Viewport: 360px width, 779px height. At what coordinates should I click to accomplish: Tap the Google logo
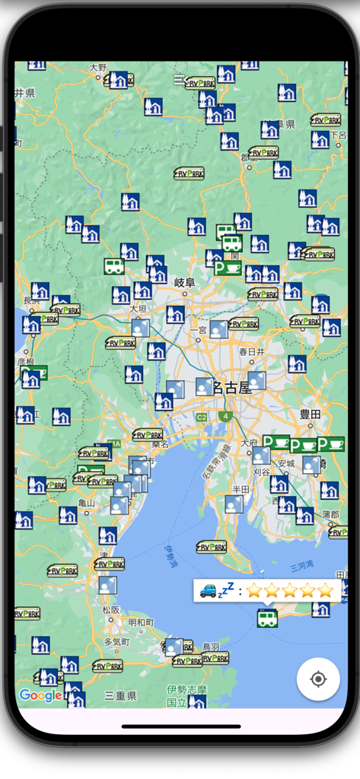[x=40, y=695]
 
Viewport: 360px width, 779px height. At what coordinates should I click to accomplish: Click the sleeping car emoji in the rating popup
[x=216, y=590]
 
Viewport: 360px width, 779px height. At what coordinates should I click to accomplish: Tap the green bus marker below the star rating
[x=267, y=618]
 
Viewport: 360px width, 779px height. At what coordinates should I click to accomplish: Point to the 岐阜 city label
[x=185, y=283]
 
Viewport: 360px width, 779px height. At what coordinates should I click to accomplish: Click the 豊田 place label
[x=311, y=415]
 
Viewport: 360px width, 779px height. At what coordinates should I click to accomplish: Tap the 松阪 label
[x=111, y=609]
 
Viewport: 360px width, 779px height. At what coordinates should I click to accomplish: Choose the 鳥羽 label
[x=211, y=647]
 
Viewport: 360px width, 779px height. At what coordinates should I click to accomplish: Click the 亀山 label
[x=87, y=502]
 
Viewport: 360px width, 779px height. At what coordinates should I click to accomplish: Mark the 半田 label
[x=241, y=488]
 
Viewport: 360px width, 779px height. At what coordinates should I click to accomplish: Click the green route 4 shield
[x=226, y=416]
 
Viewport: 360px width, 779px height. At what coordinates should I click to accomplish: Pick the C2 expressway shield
[x=201, y=417]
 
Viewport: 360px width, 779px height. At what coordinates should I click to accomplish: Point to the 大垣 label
[x=138, y=309]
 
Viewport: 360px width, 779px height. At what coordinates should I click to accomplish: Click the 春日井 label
[x=252, y=351]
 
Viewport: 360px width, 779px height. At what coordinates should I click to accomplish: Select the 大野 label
[x=99, y=68]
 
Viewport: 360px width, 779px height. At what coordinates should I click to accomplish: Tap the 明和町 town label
[x=142, y=622]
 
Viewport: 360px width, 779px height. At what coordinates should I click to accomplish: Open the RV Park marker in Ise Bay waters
[x=212, y=546]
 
